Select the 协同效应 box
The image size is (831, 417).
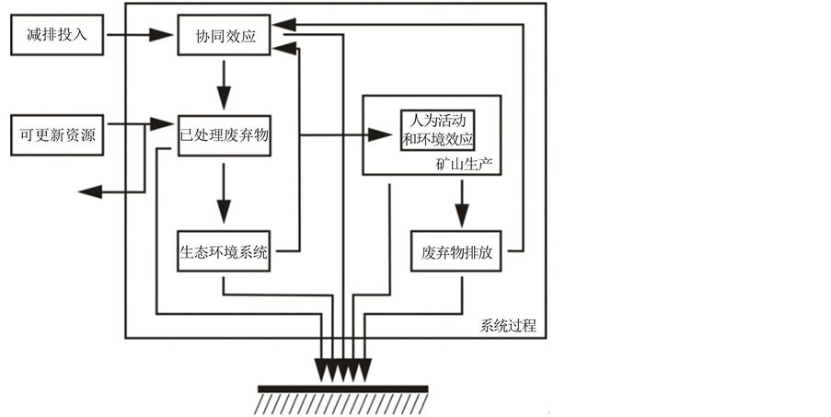[x=224, y=37]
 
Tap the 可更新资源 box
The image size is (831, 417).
[x=57, y=135]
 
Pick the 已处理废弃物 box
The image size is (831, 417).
[x=224, y=135]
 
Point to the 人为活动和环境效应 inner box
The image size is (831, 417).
[x=438, y=129]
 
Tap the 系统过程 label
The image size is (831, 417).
[x=508, y=326]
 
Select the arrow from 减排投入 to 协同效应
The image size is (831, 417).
[x=138, y=37]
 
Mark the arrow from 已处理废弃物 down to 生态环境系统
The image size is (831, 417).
[x=223, y=193]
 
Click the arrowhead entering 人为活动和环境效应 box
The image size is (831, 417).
[x=381, y=134]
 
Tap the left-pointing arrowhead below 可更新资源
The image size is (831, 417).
[x=89, y=191]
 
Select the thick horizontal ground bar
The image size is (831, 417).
[x=342, y=388]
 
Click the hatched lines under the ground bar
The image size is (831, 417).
[x=342, y=403]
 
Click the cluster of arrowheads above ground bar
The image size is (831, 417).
[x=342, y=368]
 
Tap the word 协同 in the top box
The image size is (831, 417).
[x=209, y=37]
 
